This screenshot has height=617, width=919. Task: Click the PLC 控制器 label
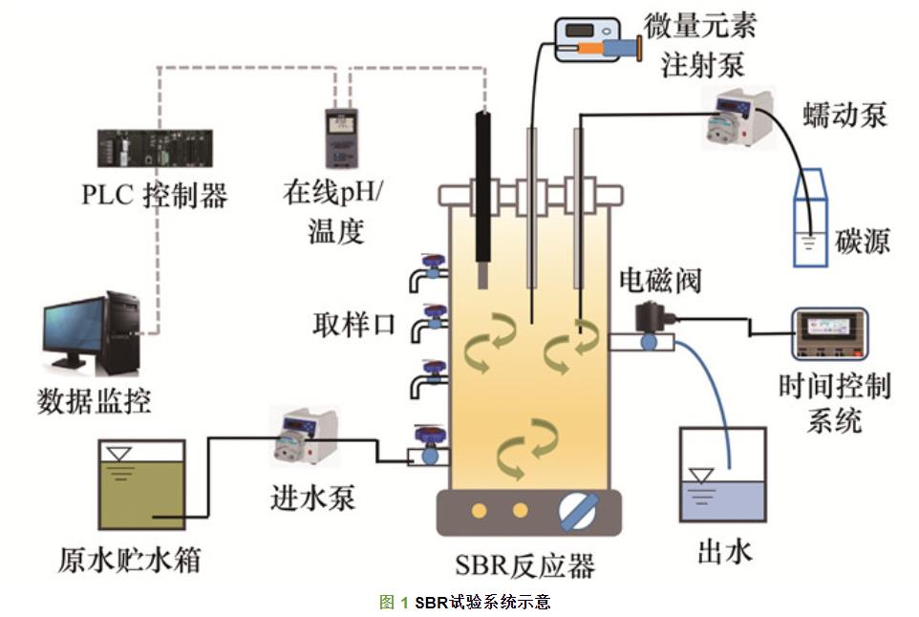click(x=155, y=197)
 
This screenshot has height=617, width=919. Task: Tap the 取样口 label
click(x=353, y=323)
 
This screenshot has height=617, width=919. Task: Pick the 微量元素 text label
click(x=700, y=26)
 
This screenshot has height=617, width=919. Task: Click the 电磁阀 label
click(x=660, y=280)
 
